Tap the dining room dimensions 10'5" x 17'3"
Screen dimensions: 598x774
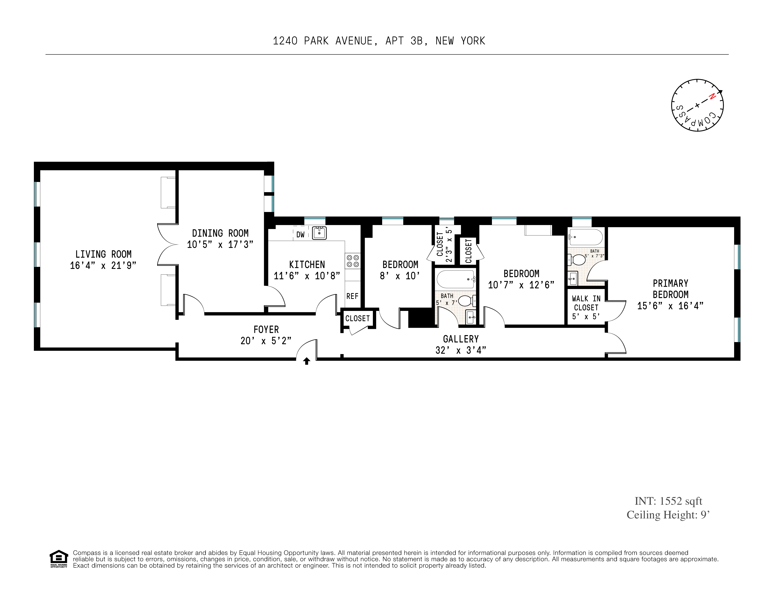(x=220, y=245)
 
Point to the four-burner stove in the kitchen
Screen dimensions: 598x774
(x=353, y=261)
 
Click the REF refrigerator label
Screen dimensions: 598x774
(x=352, y=296)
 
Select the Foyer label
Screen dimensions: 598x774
(x=266, y=330)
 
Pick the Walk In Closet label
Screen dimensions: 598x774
(x=586, y=303)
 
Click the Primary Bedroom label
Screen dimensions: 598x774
(x=670, y=289)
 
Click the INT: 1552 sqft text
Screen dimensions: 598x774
(x=668, y=501)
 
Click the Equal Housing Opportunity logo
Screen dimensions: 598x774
(x=58, y=559)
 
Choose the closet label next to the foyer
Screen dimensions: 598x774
(x=357, y=318)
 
